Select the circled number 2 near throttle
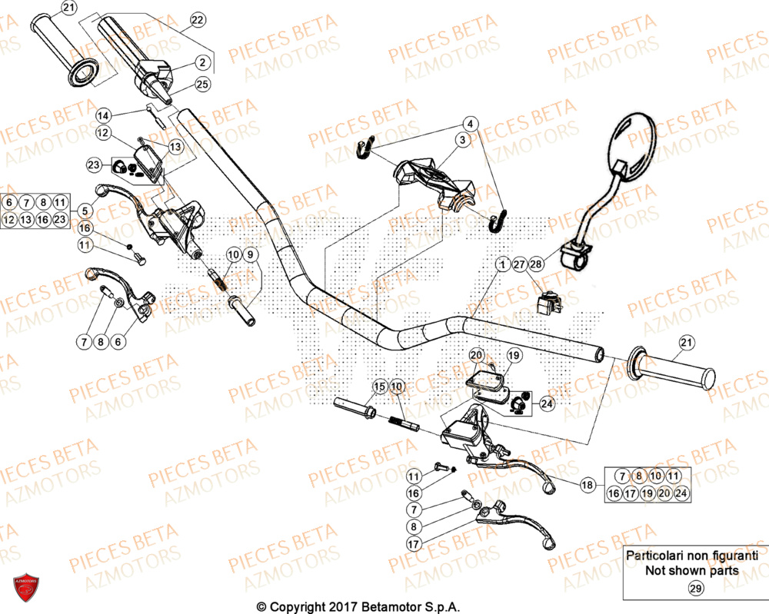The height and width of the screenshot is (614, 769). click(202, 62)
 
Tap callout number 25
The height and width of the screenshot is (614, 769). click(202, 85)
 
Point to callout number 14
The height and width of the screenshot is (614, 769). click(104, 115)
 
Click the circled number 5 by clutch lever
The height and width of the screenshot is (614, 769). click(84, 208)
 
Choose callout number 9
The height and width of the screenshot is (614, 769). click(251, 254)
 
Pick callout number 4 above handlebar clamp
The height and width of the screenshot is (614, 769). click(469, 123)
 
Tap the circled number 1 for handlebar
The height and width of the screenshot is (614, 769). click(501, 265)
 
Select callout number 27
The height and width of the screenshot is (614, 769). click(519, 265)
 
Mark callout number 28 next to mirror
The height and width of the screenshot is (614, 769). click(536, 265)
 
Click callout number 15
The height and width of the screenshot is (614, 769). click(379, 385)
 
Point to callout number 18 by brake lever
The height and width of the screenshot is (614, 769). click(588, 485)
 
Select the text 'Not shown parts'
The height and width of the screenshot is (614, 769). click(691, 570)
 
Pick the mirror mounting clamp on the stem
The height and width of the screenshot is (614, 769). click(575, 254)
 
